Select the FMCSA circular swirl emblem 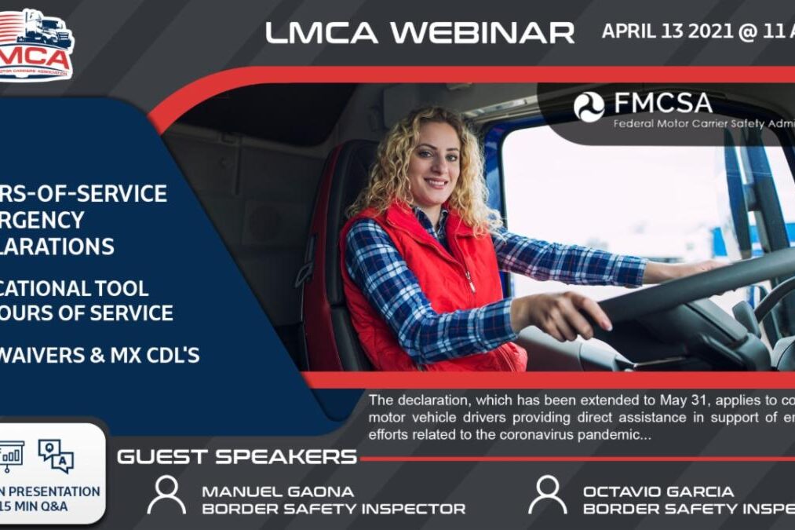[589, 107]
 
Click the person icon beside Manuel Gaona [166, 495]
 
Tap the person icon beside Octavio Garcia [547, 495]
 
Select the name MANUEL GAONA [278, 491]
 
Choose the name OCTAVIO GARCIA [658, 491]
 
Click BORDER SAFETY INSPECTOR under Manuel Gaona [334, 508]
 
